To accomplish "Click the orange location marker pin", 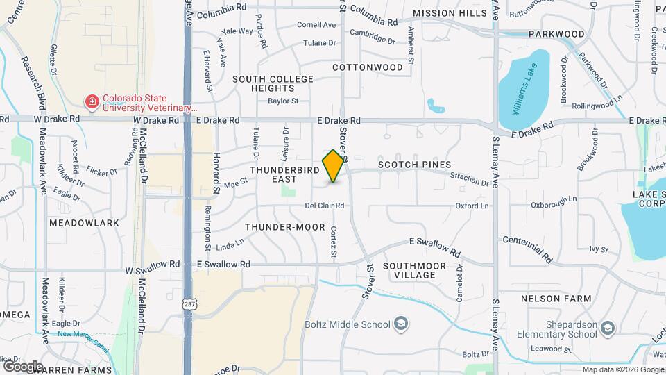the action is pos(334,166).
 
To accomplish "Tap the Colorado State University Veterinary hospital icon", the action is pos(91,103).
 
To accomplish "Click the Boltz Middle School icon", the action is pos(400,323).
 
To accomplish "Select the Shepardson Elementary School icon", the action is pos(607,328).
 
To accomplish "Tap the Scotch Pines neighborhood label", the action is pos(414,165).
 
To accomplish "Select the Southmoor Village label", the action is pos(409,270).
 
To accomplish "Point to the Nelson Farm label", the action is pos(556,299).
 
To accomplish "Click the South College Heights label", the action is pos(273,84).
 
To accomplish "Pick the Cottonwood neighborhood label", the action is pos(367,67).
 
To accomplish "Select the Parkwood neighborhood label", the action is pos(556,33).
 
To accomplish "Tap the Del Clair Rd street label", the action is pos(325,206).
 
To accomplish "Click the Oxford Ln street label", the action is pos(472,206).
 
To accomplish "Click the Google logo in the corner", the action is pos(24,365).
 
